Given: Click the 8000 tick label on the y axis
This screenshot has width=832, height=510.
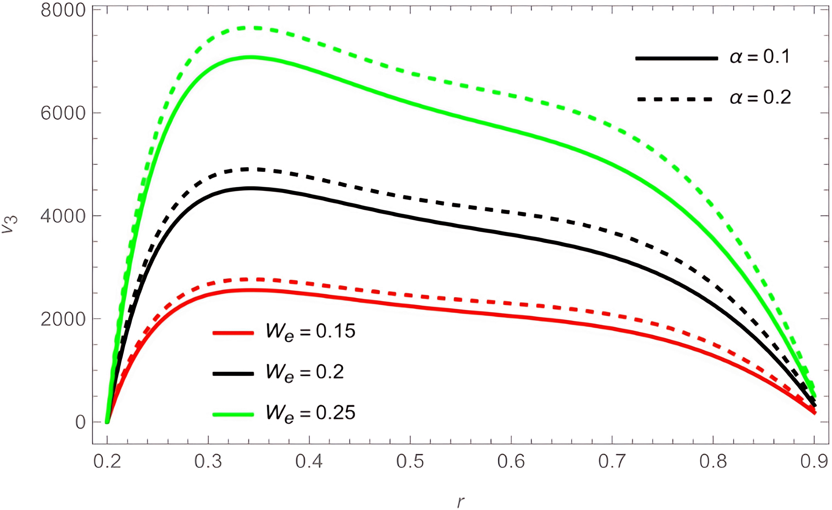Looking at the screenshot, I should coord(63,10).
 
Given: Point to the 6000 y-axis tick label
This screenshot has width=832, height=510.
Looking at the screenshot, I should coord(63,113).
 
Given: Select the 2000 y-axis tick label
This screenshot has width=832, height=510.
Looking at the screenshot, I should coord(63,319).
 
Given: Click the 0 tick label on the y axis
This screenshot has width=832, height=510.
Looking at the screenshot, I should coord(80,422).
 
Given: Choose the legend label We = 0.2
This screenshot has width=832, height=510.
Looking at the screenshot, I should coord(305,373).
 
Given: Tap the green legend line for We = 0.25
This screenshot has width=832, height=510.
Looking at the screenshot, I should coord(233,414).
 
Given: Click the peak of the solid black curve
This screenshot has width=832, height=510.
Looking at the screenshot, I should coord(250,188).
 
